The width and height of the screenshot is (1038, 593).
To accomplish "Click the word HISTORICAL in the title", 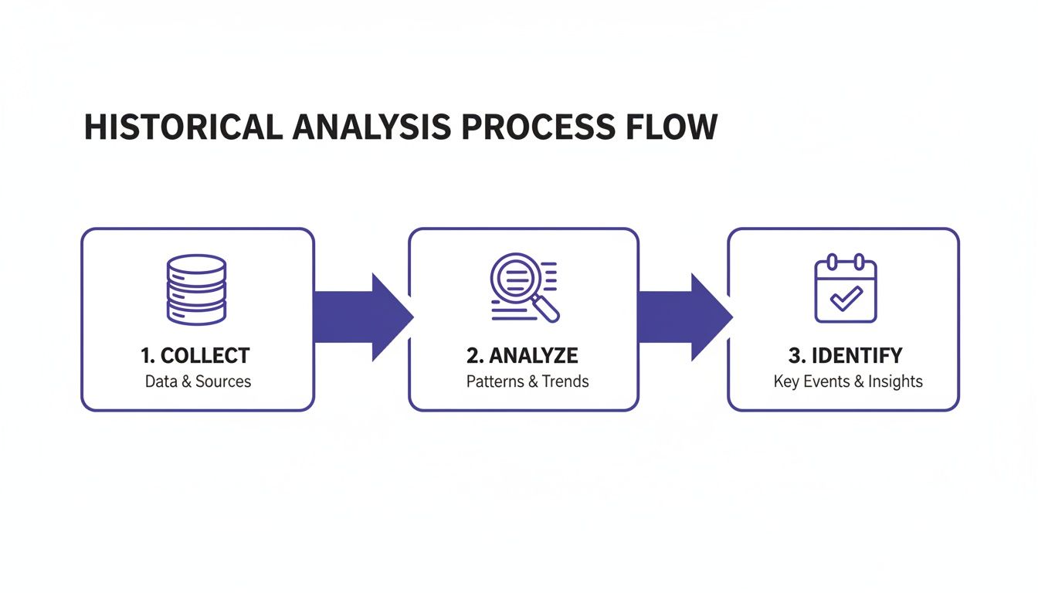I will (x=183, y=127).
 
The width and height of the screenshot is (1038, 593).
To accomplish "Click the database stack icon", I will (x=196, y=289).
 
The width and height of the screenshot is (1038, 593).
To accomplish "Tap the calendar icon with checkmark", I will (x=845, y=290).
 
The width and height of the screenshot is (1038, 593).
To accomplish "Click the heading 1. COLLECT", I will (x=195, y=356).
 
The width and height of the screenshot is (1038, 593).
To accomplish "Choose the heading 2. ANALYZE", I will (x=522, y=356).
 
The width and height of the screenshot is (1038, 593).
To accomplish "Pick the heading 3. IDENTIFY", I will (x=845, y=356).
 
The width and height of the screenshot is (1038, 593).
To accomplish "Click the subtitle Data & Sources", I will (x=198, y=381).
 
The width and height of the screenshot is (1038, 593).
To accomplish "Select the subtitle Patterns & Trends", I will (x=527, y=381).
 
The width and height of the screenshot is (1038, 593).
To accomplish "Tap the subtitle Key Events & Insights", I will (x=847, y=381).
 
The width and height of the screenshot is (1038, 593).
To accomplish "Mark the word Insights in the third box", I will (x=895, y=381).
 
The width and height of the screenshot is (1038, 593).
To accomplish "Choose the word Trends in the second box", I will (x=565, y=381).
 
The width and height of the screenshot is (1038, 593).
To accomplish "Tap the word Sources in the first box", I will (x=223, y=381).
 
